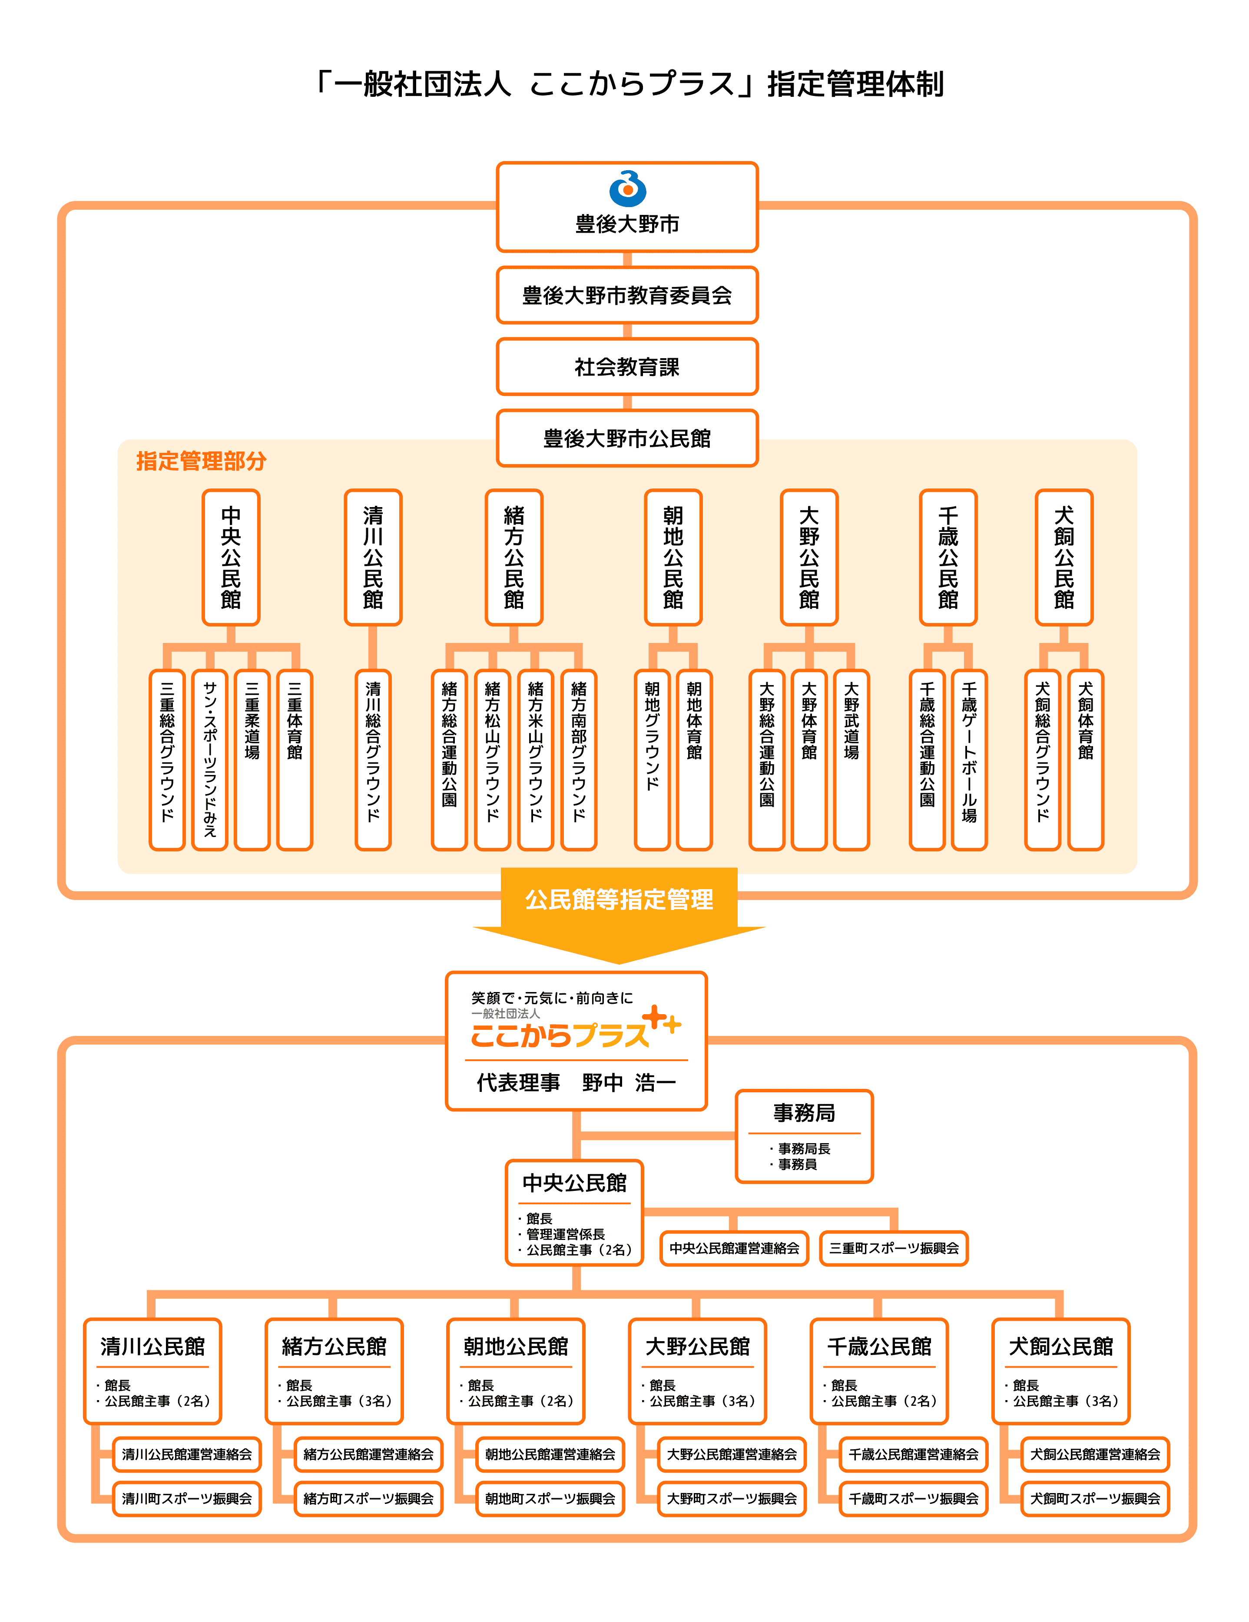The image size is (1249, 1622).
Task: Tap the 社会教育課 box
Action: tap(626, 367)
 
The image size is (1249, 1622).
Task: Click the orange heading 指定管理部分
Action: tap(201, 461)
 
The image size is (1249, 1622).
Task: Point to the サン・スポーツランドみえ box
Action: tap(209, 759)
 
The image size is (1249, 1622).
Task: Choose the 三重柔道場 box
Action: tap(252, 759)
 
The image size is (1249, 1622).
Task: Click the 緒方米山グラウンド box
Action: tap(535, 759)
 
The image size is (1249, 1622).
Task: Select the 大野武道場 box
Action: tap(851, 759)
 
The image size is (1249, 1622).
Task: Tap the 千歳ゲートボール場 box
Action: tap(969, 759)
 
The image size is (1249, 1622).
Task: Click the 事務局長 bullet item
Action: tap(804, 1148)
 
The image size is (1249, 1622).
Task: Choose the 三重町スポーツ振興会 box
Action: tap(893, 1249)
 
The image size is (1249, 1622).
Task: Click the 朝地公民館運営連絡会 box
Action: tap(550, 1454)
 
